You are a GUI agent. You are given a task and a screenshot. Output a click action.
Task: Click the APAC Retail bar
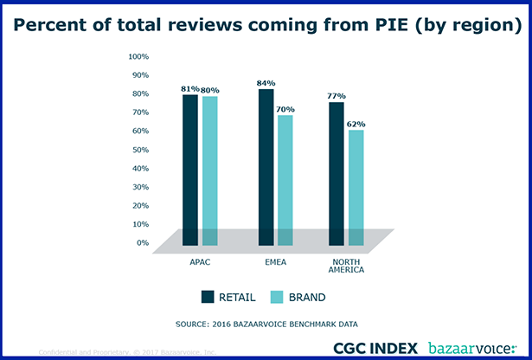point(190,170)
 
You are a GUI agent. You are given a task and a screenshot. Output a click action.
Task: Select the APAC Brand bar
point(210,170)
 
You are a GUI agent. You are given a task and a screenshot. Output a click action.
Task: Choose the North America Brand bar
point(356,187)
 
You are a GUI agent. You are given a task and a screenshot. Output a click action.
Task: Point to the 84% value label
point(266,83)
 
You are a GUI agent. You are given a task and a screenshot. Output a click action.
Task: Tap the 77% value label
point(337,96)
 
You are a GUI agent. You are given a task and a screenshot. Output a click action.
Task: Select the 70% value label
point(285,109)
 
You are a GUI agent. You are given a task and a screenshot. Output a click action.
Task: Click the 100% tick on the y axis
point(138,56)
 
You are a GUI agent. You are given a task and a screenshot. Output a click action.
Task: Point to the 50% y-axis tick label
point(140,150)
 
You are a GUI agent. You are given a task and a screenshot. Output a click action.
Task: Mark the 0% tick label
point(143,242)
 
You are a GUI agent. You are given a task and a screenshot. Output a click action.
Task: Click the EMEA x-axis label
point(276,260)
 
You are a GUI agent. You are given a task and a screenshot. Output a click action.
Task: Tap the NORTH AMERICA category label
point(347,265)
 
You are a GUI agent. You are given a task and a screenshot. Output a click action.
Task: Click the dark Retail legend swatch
point(207,297)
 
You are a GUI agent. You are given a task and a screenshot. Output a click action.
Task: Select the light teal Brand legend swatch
point(278,297)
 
